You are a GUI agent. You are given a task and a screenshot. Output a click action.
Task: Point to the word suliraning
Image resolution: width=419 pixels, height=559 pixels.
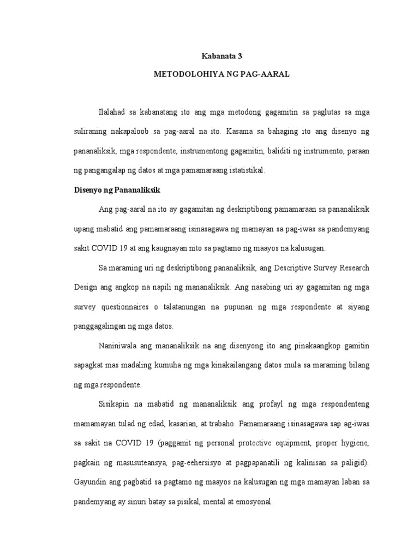pos(93,132)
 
